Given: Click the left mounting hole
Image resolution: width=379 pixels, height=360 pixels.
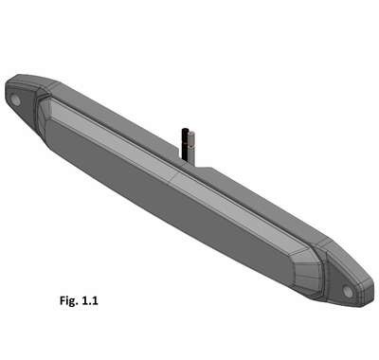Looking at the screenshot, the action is click(x=15, y=100).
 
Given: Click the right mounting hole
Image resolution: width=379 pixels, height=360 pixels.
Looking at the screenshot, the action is click(x=349, y=291).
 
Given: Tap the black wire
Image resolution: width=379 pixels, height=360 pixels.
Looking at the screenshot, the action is click(x=184, y=144).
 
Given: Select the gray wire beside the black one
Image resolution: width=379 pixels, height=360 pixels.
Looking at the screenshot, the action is click(x=190, y=147).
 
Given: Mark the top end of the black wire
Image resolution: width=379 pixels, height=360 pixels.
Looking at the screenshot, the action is click(x=184, y=129).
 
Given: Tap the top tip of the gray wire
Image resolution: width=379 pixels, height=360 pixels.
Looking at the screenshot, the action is click(x=191, y=132).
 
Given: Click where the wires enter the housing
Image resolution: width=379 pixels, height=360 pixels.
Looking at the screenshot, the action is click(x=188, y=160).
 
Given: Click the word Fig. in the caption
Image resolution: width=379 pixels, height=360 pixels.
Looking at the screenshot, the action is click(x=69, y=300).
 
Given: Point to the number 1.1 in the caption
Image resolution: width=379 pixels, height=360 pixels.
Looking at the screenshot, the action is click(x=90, y=300).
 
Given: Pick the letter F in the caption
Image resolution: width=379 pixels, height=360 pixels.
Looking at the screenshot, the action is click(x=63, y=300).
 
